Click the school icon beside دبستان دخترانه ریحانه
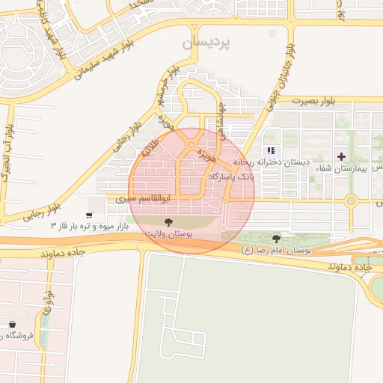[x=271, y=150]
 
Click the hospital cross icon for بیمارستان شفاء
[x=342, y=156]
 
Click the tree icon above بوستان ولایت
[x=168, y=222]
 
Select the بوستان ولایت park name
[x=168, y=234]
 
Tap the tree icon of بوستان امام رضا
[x=277, y=239]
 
